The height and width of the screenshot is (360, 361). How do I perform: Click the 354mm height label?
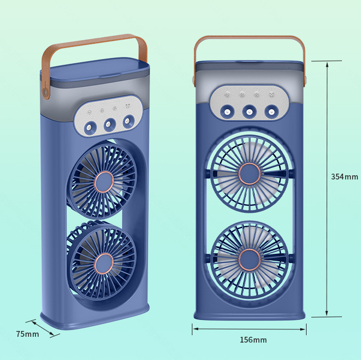344,176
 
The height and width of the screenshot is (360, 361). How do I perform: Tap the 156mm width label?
253,339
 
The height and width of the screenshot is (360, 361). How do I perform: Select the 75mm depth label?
27,334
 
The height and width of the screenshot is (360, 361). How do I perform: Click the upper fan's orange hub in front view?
249,174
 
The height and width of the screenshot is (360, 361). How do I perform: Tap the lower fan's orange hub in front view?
249,259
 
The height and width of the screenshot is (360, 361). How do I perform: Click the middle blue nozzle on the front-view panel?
249,111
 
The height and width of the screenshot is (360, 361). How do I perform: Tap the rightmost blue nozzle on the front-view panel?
271,111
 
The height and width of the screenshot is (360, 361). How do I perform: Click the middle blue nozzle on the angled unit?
109,124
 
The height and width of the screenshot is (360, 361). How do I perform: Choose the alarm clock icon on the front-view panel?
272,95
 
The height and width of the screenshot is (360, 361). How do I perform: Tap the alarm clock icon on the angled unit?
128,107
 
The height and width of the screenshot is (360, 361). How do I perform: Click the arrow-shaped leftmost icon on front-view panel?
227,95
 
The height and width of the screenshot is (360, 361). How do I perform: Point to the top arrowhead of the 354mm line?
327,63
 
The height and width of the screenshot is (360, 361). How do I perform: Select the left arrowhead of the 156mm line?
195,329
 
